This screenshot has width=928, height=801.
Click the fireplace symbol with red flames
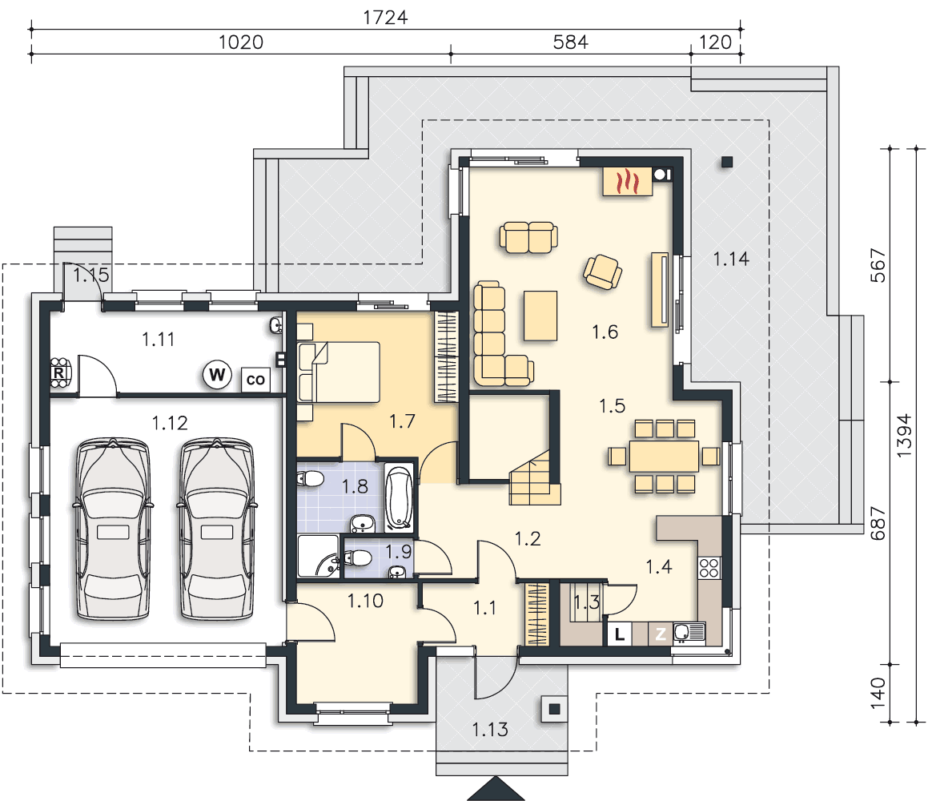pyautogui.click(x=628, y=182)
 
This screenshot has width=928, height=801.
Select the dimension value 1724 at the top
pyautogui.click(x=385, y=17)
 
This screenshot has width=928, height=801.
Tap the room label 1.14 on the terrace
pyautogui.click(x=731, y=259)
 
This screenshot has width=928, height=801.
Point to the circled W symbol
pyautogui.click(x=217, y=375)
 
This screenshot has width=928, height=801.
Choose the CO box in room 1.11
pyautogui.click(x=255, y=380)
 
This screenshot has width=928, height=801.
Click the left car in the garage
pyautogui.click(x=112, y=529)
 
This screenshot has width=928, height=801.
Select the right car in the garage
pyautogui.click(x=217, y=529)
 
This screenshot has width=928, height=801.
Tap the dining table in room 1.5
pyautogui.click(x=664, y=456)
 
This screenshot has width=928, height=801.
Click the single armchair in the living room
pyautogui.click(x=603, y=272)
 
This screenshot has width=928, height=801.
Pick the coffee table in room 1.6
pyautogui.click(x=540, y=316)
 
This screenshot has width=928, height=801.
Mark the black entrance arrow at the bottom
pyautogui.click(x=496, y=789)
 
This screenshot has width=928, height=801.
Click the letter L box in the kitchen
pyautogui.click(x=619, y=634)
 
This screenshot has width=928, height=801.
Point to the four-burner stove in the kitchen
pyautogui.click(x=709, y=569)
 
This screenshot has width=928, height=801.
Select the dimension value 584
pyautogui.click(x=571, y=42)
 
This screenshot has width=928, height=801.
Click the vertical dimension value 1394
pyautogui.click(x=904, y=435)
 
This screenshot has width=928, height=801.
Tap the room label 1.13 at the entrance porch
pyautogui.click(x=490, y=730)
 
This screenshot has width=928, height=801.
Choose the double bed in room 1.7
pyautogui.click(x=339, y=372)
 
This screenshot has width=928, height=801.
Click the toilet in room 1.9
pyautogui.click(x=357, y=557)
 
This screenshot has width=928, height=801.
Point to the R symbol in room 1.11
pyautogui.click(x=59, y=373)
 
